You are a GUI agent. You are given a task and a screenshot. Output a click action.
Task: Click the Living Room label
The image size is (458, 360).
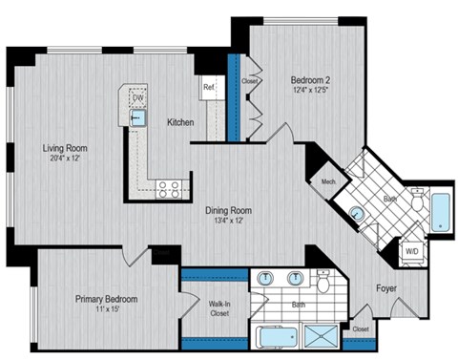[64, 148]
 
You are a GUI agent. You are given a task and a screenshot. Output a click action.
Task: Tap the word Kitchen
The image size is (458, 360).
[181, 122]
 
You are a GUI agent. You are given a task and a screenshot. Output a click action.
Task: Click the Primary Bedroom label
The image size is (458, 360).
[107, 299]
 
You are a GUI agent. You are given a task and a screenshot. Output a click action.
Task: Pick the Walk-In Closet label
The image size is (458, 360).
[220, 307]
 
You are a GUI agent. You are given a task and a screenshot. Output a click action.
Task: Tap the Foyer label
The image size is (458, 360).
[385, 286]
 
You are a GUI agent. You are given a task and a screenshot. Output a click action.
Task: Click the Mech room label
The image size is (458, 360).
[327, 181]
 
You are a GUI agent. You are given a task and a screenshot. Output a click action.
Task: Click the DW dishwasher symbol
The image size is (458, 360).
[138, 96]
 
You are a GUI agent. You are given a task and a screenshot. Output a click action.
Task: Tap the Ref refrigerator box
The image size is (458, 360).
[208, 87]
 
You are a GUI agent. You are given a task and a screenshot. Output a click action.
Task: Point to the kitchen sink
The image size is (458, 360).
[139, 117]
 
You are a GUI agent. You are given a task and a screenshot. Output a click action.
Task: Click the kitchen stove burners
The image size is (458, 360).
[169, 188]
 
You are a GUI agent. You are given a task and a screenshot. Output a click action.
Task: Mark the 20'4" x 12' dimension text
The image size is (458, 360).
[64, 160]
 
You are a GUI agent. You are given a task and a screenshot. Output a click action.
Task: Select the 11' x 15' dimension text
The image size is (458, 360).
[107, 311]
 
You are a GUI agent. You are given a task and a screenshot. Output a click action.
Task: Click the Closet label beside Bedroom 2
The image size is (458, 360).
[250, 82]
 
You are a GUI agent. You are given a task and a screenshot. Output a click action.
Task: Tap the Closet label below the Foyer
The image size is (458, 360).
[360, 329]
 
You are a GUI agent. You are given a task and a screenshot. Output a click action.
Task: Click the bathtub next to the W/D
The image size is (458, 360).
[441, 212]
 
